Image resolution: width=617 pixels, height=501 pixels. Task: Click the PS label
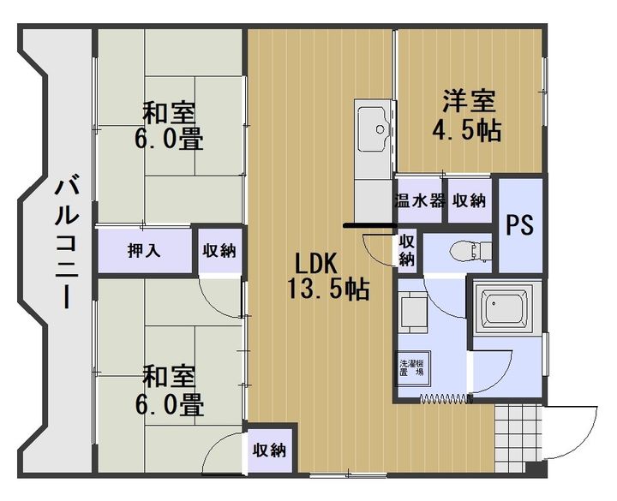pos(519,224)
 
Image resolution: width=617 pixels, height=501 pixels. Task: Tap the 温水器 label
pos(419,201)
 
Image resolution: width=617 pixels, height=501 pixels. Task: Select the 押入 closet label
pos(144,251)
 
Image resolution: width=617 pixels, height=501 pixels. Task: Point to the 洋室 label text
pos(468,101)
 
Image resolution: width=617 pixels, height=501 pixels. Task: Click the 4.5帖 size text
pos(468,131)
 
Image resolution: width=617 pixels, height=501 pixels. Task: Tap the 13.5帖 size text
pos(329,289)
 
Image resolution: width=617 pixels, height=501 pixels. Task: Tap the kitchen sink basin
pos(374,128)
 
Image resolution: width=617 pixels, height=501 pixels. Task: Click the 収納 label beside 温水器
pos(469,201)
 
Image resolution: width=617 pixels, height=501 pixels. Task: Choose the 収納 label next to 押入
pos(219,251)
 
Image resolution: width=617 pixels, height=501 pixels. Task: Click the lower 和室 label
pos(169,375)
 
